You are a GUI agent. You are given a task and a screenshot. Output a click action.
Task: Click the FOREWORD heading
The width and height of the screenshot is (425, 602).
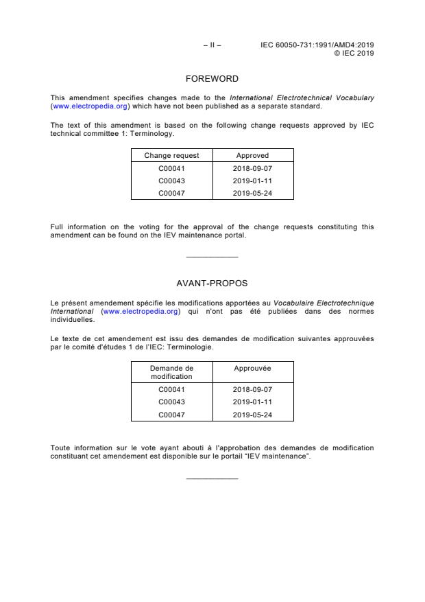[212, 79]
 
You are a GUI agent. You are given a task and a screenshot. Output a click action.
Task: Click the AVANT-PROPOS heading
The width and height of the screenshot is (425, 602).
[212, 282]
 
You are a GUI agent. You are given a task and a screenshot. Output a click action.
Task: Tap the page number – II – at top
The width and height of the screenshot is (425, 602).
[212, 45]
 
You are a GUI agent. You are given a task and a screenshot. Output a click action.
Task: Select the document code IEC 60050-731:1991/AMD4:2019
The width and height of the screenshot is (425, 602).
[317, 45]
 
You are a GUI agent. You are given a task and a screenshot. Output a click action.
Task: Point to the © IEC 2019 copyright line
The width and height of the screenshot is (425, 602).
[353, 53]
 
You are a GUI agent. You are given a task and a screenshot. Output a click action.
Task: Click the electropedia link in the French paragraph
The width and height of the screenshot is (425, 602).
[141, 311]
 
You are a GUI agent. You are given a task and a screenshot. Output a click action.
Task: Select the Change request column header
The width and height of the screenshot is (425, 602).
[171, 156]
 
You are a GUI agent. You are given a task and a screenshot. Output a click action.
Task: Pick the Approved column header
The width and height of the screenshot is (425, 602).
[252, 156]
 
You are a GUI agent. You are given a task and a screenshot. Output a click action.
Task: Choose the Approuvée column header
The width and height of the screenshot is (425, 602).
[253, 369]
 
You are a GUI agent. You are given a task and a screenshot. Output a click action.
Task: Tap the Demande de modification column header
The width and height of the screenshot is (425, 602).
[171, 372]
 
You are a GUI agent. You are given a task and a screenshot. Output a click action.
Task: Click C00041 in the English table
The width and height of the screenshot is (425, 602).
[171, 167]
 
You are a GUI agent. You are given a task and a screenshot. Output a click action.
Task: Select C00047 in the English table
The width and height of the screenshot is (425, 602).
[171, 192]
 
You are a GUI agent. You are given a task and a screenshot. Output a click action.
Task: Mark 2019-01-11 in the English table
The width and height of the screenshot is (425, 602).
[253, 180]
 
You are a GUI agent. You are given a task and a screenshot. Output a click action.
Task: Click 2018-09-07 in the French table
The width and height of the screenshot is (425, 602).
[253, 389]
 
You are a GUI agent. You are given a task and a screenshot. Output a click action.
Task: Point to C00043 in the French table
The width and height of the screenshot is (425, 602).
[171, 402]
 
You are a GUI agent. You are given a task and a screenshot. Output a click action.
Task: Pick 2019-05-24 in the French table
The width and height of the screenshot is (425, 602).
[253, 414]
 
